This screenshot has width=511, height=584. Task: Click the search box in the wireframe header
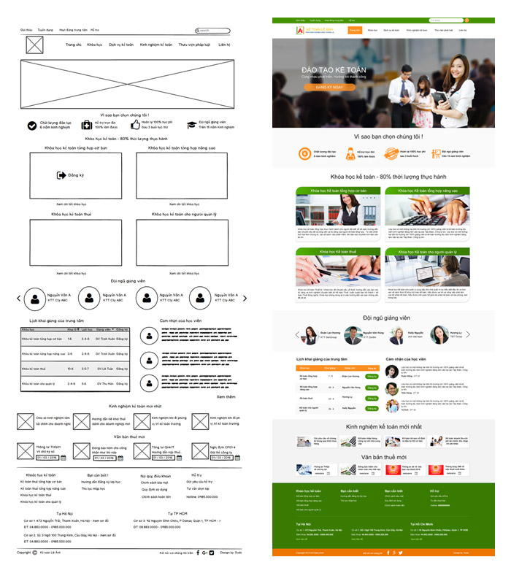(x=213, y=31)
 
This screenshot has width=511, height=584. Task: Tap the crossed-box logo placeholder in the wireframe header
(x=34, y=45)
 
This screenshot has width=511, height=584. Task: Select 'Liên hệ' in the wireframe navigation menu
(x=223, y=45)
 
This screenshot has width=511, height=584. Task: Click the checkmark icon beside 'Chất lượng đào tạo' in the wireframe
(x=32, y=126)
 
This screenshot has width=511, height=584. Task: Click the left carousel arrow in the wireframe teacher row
(x=20, y=298)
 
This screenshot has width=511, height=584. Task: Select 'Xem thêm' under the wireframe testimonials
(x=226, y=397)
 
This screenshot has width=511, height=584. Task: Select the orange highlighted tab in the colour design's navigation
(x=354, y=31)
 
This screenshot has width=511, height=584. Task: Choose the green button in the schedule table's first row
(x=372, y=377)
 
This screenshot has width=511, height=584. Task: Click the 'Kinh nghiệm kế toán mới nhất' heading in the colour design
(x=384, y=426)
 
